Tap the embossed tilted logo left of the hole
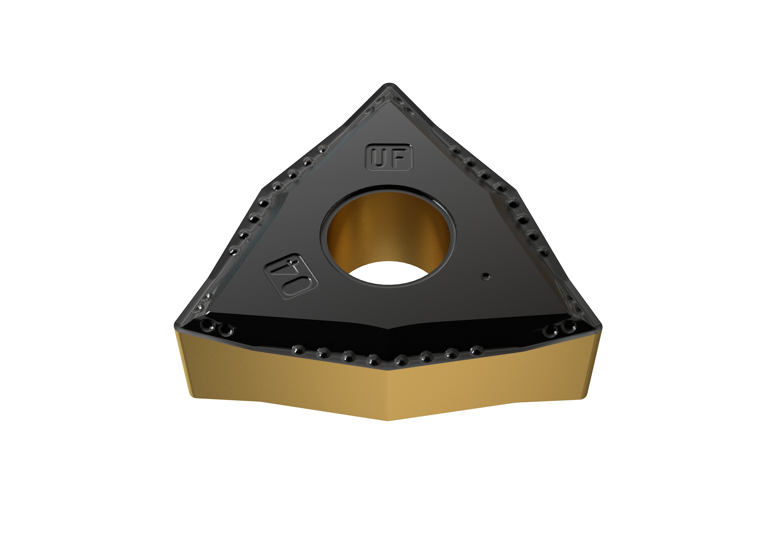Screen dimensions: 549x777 click(291, 276)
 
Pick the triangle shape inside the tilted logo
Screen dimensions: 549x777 click(282, 267)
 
